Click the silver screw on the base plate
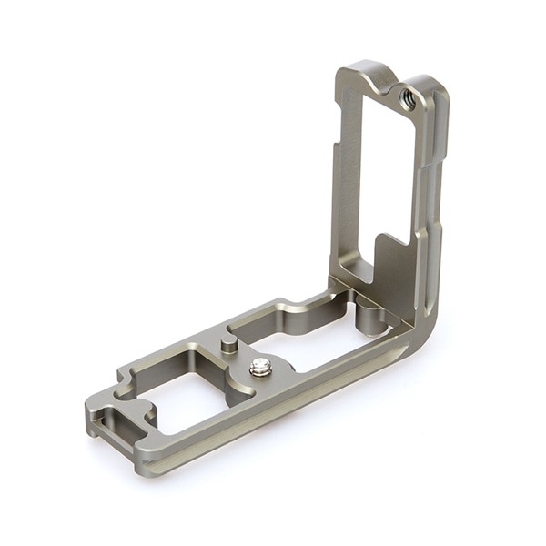tap(260, 367)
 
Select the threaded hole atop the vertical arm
tap(407, 102)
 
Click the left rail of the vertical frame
tap(346, 182)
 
